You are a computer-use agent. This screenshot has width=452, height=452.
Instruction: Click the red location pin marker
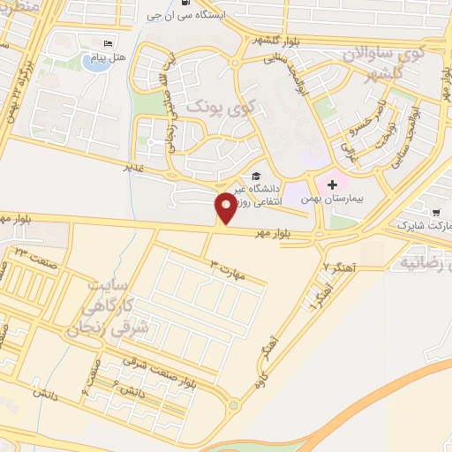point(226,206)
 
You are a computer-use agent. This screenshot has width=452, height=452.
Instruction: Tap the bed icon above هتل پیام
point(109,43)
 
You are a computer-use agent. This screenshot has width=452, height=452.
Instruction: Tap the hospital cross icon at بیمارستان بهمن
point(332,185)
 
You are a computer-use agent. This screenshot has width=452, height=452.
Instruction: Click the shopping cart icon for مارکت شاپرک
point(436,212)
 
